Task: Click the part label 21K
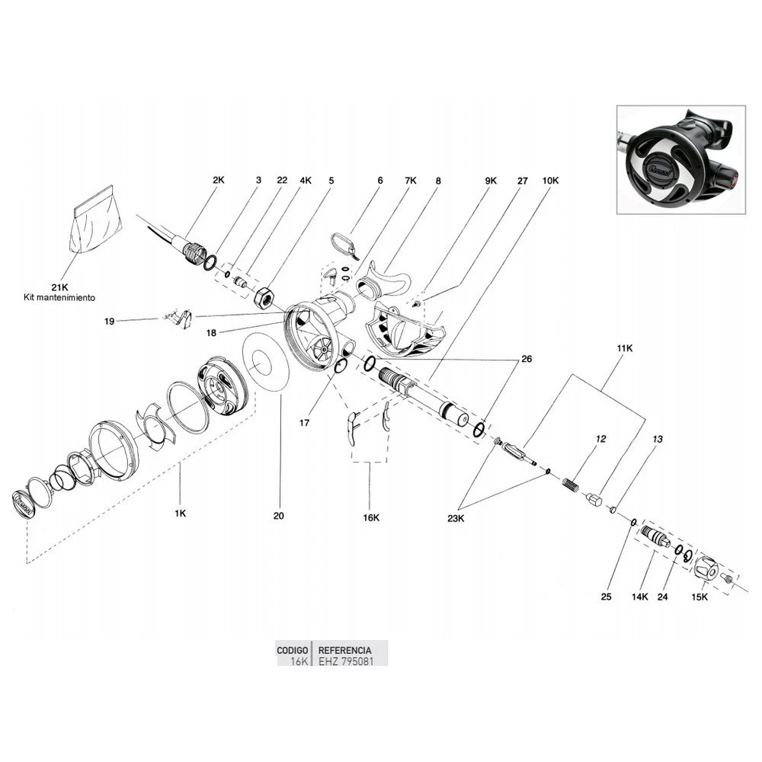tap(59, 287)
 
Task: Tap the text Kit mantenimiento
tap(59, 297)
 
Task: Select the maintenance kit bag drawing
tap(96, 219)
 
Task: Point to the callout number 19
tap(109, 322)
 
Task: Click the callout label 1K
tap(181, 513)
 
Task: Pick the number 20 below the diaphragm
tap(278, 516)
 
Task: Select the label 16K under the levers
tap(371, 517)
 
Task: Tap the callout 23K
tap(456, 518)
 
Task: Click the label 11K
tap(625, 348)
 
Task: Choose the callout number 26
tap(527, 359)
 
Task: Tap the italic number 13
tap(657, 439)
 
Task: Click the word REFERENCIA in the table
tap(344, 650)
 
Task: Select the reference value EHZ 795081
tap(346, 661)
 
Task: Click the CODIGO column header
tap(292, 650)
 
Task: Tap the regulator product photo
tap(680, 159)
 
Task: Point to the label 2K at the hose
tap(219, 180)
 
